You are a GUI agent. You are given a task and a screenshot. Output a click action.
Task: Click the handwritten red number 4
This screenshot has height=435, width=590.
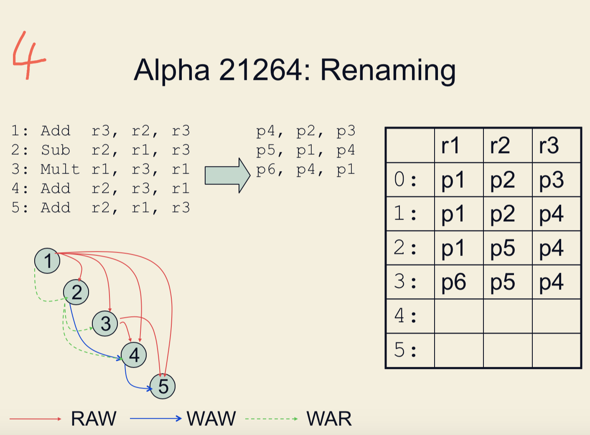[x=28, y=56]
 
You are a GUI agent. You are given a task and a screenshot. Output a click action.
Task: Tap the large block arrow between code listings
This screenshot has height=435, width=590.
[x=227, y=175]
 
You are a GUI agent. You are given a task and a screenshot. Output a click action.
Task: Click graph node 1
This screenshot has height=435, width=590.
[x=47, y=261]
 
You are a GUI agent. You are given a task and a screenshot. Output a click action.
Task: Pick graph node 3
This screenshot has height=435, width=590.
[x=105, y=323]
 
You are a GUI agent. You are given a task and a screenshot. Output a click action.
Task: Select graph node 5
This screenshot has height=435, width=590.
[x=163, y=386]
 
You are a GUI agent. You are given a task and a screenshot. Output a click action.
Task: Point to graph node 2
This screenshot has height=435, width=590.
[x=76, y=292]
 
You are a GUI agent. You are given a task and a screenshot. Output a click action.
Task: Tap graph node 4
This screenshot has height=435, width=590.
[x=134, y=355]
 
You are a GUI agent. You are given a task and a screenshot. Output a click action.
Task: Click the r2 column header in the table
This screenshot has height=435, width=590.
[x=500, y=146]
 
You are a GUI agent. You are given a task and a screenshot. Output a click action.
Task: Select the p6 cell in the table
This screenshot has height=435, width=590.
[x=453, y=282]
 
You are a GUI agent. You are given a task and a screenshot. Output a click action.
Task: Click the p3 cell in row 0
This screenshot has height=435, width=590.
[x=551, y=180]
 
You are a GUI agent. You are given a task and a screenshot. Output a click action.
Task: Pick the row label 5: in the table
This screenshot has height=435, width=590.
[x=405, y=350]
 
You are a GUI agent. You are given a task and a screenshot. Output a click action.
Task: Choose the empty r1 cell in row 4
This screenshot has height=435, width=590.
[x=459, y=316]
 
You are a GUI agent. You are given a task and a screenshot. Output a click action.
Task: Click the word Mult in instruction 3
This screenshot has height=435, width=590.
[x=60, y=169]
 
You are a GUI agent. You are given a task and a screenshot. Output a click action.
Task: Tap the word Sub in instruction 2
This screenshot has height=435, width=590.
[x=55, y=150]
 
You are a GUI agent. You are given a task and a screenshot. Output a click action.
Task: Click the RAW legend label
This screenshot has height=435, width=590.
[x=94, y=419]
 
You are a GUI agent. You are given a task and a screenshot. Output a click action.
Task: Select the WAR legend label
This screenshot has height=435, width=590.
[x=329, y=419]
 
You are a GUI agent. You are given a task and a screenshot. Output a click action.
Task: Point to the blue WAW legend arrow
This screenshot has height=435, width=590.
[x=155, y=418]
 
